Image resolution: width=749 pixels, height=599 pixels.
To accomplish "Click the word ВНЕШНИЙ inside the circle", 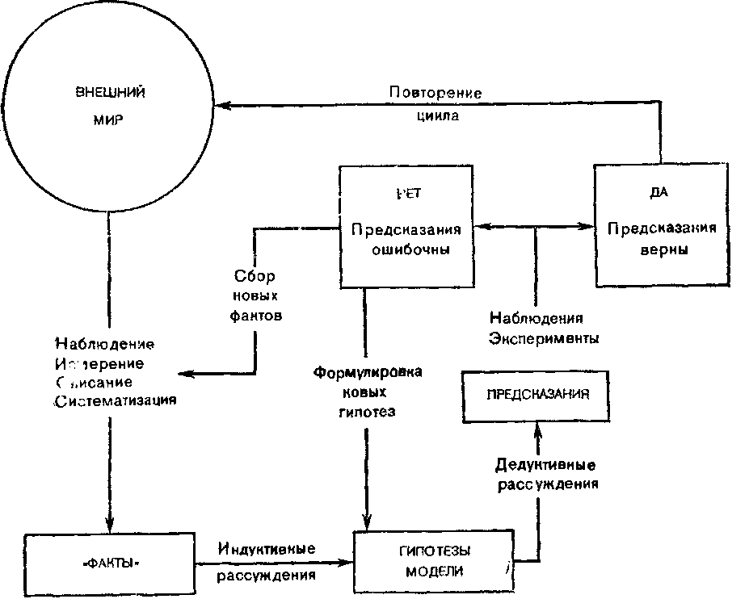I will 110,91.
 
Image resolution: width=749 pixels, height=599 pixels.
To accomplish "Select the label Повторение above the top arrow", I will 435,92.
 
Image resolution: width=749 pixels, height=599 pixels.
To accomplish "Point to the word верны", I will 661,249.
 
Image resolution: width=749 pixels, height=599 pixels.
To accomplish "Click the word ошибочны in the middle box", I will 406,250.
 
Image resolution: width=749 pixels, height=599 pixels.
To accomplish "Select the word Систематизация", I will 116,400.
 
